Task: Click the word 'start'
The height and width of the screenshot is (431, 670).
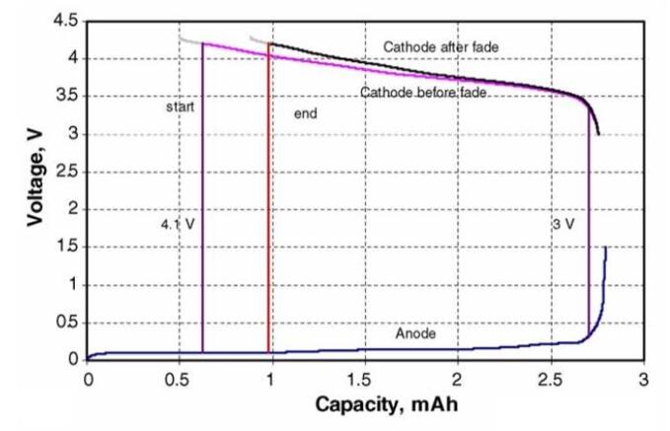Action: point(181,104)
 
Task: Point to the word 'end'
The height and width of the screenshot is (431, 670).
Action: point(306,114)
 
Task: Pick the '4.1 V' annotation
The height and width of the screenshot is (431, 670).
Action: point(178,225)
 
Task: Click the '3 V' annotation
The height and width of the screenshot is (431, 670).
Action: point(563,225)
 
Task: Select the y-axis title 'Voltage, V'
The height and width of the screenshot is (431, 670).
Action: point(37,187)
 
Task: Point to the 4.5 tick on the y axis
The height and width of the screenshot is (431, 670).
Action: point(66,20)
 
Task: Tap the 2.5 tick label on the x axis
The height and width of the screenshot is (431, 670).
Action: point(550,379)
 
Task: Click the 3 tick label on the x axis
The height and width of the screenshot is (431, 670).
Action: point(642,379)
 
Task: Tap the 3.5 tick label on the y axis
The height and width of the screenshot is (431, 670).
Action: point(66,96)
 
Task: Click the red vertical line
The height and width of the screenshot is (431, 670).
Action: point(268,197)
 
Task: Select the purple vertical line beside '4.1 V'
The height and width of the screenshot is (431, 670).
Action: point(202,197)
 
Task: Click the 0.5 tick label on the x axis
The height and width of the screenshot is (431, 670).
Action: point(179,379)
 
